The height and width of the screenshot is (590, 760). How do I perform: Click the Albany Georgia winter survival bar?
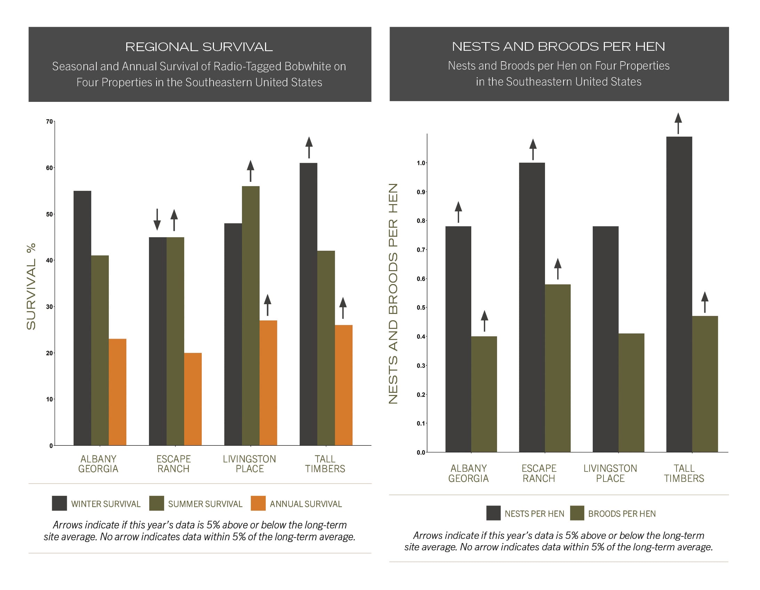pos(82,318)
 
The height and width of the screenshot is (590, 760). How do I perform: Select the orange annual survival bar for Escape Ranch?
pos(193,399)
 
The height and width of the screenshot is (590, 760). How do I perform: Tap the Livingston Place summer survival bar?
pos(250,316)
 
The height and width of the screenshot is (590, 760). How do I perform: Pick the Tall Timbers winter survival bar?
pos(308,304)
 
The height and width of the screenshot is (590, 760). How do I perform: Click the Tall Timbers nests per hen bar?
pos(679,294)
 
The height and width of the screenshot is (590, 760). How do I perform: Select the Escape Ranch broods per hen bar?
pos(558,368)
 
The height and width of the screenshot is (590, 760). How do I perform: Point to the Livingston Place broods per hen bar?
pos(631,393)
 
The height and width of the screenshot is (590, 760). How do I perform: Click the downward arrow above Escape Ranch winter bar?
pos(157,219)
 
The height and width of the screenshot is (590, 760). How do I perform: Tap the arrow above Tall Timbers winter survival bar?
pos(309,147)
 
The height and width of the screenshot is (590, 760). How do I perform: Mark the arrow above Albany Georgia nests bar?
pos(458,212)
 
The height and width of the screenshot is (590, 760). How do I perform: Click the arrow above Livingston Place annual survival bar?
pos(267,305)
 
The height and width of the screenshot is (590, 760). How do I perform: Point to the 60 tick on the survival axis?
pos(49,168)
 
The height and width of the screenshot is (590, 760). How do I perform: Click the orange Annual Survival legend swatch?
pos(258,503)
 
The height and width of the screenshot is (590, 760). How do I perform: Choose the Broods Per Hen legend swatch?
pos(577,513)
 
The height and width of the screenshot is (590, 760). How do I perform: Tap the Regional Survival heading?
pos(199,47)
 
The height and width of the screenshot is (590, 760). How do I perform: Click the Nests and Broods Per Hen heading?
pos(558,47)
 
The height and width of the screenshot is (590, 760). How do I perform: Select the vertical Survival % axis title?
pos(31,286)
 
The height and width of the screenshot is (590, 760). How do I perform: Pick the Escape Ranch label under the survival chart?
pos(173,464)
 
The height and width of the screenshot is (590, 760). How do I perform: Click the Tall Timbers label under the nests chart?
pos(684,473)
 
